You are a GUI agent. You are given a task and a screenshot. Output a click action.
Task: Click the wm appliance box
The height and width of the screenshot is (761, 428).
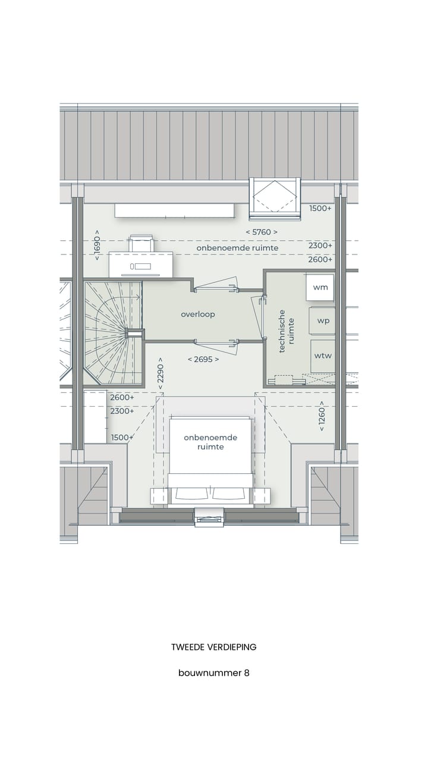pyautogui.click(x=320, y=287)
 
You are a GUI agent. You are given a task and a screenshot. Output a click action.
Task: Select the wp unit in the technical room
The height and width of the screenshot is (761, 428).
pyautogui.click(x=323, y=320)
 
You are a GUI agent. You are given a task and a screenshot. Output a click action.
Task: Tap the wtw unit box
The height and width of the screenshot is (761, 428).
pyautogui.click(x=323, y=356)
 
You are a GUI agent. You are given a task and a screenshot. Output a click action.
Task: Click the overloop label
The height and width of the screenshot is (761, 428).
pyautogui.click(x=198, y=314)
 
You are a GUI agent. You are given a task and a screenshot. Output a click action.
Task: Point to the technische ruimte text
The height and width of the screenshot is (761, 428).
pyautogui.click(x=287, y=331)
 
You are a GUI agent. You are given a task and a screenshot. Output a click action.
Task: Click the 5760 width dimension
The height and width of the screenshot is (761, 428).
pyautogui.click(x=262, y=232)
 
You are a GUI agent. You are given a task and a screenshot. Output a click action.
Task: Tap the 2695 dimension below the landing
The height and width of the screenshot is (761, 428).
pyautogui.click(x=203, y=359)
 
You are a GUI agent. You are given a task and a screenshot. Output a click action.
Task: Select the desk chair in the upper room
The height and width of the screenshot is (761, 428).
pyautogui.click(x=141, y=243)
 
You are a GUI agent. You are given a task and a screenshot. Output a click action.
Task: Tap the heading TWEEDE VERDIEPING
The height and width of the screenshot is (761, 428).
pyautogui.click(x=213, y=647)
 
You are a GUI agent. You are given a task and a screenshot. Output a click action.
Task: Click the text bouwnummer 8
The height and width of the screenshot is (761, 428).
pyautogui.click(x=213, y=673)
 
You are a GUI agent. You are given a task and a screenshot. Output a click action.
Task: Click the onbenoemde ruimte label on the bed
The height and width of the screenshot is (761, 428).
pyautogui.click(x=210, y=442)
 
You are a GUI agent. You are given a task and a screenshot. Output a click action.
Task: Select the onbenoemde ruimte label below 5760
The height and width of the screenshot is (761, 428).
pyautogui.click(x=237, y=247)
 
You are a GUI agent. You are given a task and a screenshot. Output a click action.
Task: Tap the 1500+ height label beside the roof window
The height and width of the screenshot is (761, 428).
pyautogui.click(x=320, y=209)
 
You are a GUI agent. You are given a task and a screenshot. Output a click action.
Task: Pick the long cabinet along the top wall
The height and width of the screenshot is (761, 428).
pyautogui.click(x=174, y=210)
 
